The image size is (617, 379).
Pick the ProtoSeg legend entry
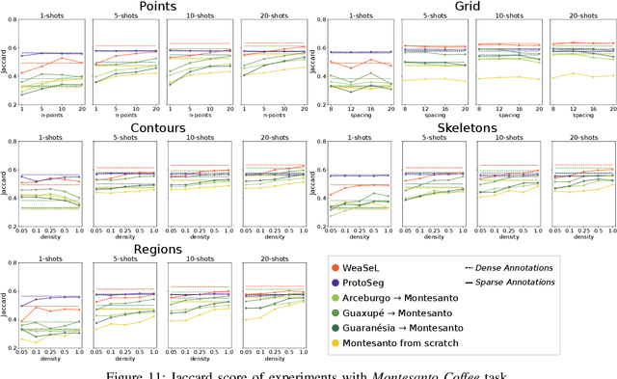[x=374, y=284]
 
